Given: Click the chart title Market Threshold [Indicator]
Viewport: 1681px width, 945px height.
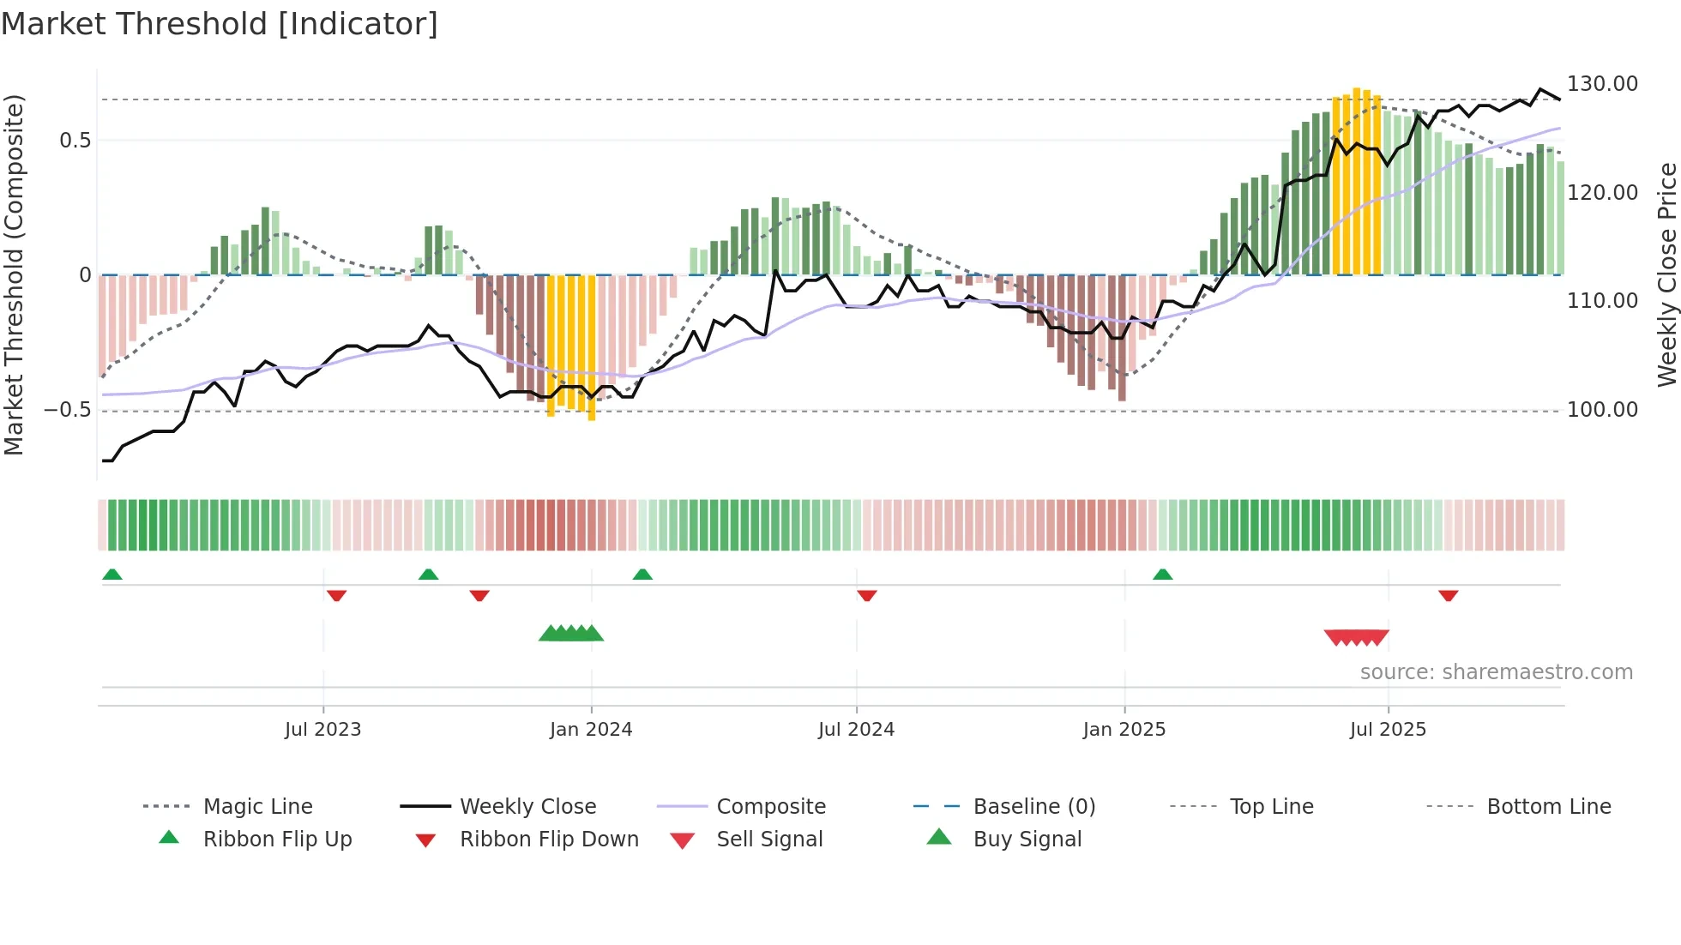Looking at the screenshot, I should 220,24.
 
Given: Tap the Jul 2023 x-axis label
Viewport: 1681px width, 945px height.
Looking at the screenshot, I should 322,730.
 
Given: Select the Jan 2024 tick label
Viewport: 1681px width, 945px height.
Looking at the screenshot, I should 591,730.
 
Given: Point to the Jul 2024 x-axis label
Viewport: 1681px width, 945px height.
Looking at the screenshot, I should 856,730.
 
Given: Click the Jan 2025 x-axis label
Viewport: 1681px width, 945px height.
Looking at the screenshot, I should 1124,730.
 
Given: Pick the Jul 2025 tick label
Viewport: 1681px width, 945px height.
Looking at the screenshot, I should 1388,730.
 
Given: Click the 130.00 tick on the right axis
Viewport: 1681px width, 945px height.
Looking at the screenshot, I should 1602,84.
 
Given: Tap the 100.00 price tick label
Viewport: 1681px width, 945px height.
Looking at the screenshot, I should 1602,410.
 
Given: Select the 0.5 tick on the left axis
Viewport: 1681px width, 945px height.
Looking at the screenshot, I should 75,141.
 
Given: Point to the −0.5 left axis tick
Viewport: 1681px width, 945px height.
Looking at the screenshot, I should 68,410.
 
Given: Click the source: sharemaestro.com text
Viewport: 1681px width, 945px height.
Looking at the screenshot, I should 1496,672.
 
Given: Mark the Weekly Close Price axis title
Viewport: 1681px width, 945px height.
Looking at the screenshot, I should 1666,274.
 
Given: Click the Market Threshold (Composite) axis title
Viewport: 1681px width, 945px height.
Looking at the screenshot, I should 14,274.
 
